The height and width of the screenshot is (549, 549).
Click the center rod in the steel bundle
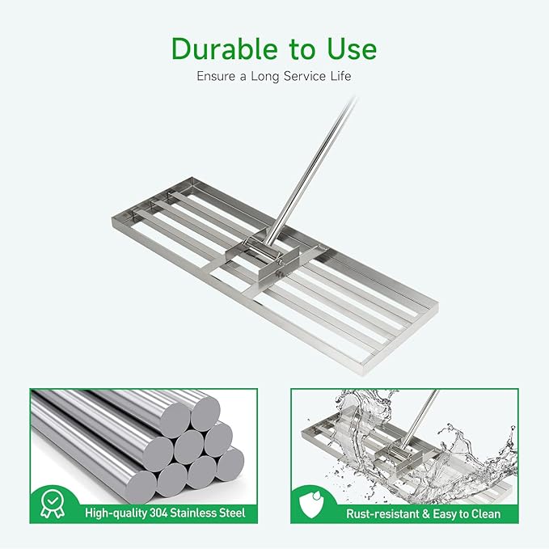(188, 445)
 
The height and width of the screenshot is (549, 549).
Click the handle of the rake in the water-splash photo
(422, 416)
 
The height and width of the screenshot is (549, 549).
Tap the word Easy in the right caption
(445, 513)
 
